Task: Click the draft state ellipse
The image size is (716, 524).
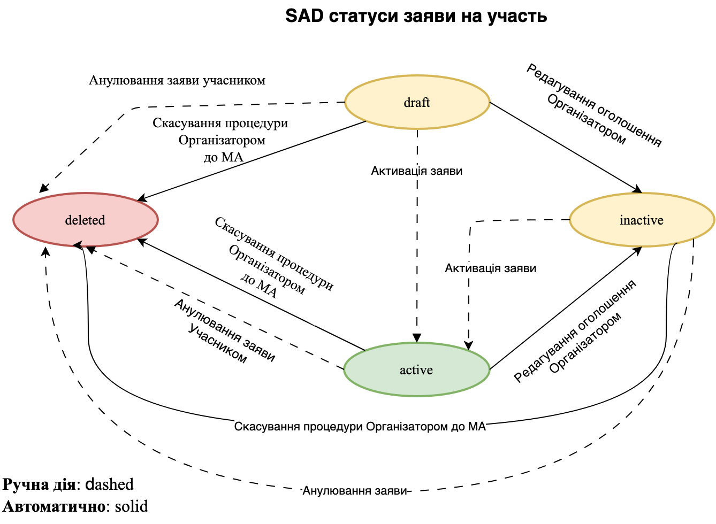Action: (417, 102)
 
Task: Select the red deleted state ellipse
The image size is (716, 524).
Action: (85, 220)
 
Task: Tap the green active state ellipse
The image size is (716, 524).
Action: (416, 369)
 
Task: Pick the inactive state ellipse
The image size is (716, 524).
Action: (642, 220)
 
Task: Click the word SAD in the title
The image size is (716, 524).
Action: (304, 16)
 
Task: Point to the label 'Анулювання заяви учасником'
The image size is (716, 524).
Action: (177, 81)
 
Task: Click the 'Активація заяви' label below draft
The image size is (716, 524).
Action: (416, 171)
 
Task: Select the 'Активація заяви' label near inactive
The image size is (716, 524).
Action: (490, 268)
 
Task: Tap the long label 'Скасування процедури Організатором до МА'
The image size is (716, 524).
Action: (360, 427)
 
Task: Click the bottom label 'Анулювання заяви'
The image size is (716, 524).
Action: (355, 491)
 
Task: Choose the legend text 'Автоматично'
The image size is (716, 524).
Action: (53, 506)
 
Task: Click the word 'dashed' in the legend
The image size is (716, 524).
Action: (110, 484)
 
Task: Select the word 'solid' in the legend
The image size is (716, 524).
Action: (132, 506)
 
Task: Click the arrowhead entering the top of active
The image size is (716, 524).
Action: (417, 338)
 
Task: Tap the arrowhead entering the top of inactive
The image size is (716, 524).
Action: (637, 189)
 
